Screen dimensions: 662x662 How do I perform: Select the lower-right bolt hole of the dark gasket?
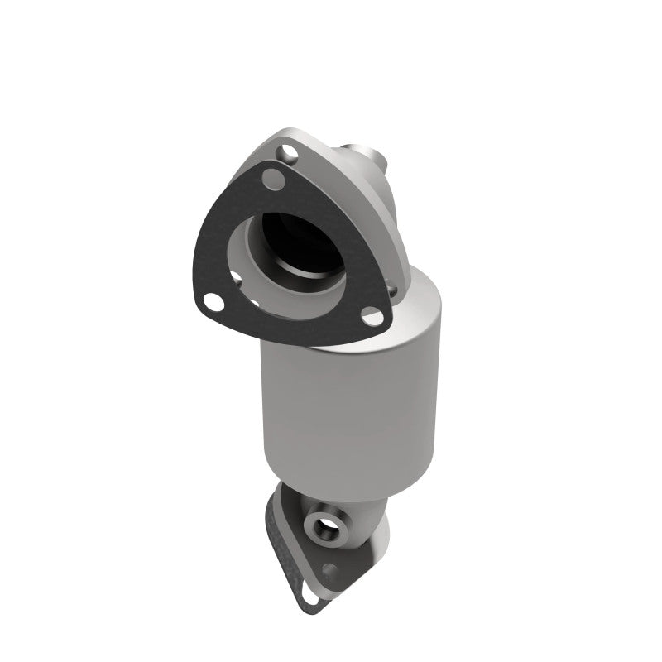pos(372,317)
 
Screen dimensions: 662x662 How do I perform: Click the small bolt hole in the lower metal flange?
pos(333,569)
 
